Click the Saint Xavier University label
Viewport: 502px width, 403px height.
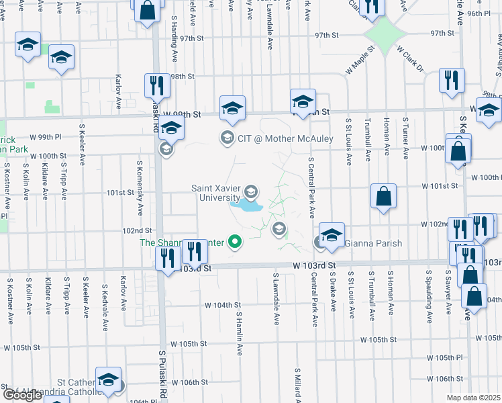click(215, 193)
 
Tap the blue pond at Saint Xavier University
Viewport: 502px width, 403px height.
click(246, 206)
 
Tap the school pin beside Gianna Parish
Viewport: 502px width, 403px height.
click(332, 236)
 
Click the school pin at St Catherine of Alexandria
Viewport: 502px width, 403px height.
click(108, 381)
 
